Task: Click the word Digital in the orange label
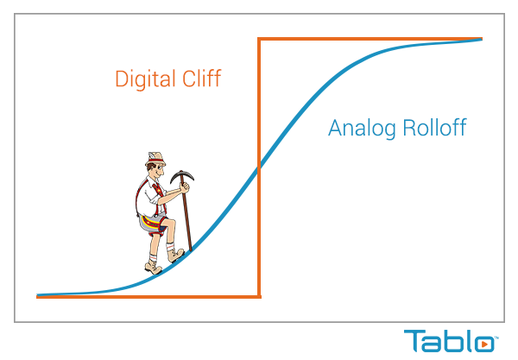(145, 79)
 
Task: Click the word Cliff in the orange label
(202, 78)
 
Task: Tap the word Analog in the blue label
(362, 128)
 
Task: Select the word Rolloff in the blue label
(435, 127)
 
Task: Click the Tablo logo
(451, 340)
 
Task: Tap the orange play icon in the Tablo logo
(484, 344)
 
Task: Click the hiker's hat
(155, 159)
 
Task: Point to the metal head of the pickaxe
(181, 176)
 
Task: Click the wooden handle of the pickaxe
(186, 215)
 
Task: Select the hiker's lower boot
(154, 267)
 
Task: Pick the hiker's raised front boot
(175, 255)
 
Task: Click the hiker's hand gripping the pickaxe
(185, 187)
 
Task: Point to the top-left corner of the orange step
(259, 39)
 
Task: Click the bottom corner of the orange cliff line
(259, 297)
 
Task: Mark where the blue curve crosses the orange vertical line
(259, 167)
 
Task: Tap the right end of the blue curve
(482, 40)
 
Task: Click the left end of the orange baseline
(37, 297)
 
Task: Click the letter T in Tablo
(414, 340)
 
